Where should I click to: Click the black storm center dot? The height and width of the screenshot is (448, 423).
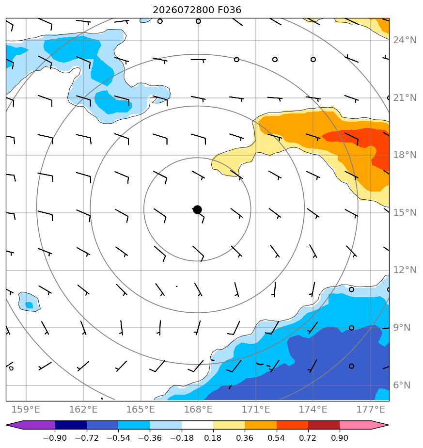197,210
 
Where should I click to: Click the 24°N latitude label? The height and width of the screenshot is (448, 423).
405,40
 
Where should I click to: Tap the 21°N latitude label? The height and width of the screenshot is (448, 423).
405,98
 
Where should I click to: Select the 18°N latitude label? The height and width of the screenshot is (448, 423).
405,155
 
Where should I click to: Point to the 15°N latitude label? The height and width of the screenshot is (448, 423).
405,212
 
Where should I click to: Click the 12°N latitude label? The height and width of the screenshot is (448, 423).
405,270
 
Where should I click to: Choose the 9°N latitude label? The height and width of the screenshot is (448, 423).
402,327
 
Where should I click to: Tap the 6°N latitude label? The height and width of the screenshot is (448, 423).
402,385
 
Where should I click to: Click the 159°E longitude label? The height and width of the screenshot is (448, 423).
26,409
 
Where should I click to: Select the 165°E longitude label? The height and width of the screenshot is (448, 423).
141,409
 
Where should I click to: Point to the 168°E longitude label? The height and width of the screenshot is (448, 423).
198,409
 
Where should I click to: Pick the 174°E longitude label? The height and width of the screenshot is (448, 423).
313,409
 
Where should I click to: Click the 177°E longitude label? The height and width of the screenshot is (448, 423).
371,409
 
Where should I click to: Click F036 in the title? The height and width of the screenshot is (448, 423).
229,10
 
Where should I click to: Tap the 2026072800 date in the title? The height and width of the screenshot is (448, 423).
183,10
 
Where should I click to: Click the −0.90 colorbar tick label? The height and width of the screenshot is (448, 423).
55,438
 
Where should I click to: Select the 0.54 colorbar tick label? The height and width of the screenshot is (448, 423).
276,438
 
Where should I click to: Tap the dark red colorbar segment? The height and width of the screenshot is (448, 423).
324,425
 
